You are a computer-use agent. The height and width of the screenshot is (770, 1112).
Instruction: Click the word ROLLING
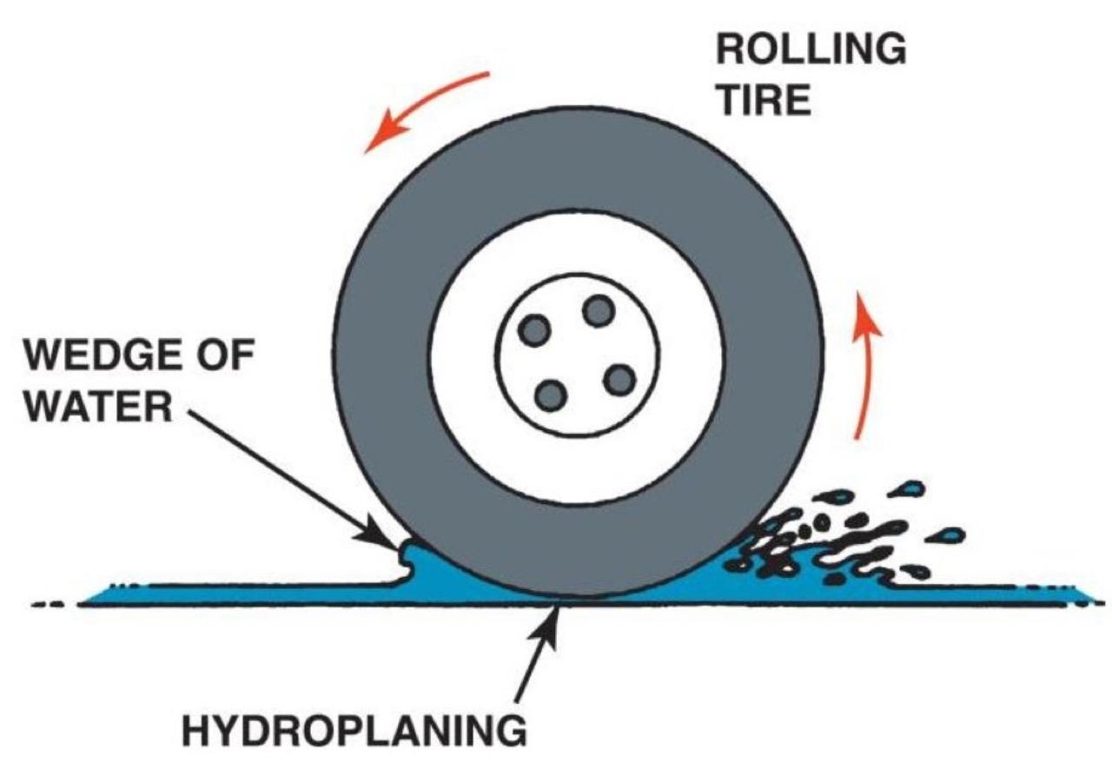[x=811, y=50]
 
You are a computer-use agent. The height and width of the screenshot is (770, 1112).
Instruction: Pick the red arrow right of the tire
[x=863, y=365]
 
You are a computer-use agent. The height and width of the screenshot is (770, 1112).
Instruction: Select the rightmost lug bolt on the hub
[x=619, y=379]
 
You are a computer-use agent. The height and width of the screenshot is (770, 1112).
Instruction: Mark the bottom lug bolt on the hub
[x=551, y=396]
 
